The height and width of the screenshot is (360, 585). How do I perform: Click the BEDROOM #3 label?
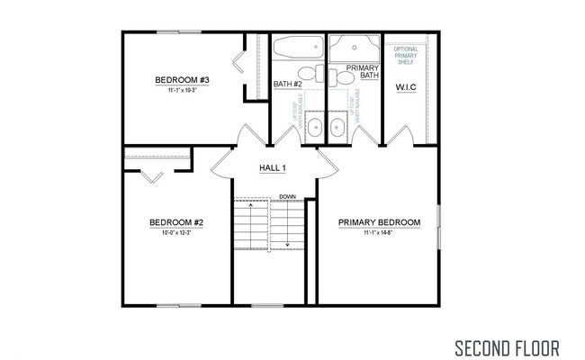(x=182, y=80)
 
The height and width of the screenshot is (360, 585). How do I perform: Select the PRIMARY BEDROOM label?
(x=379, y=223)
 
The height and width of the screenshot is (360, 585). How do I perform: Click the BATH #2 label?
(x=287, y=85)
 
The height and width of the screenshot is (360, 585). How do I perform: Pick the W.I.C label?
(x=406, y=87)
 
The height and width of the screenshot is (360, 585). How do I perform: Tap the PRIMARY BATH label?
(x=362, y=73)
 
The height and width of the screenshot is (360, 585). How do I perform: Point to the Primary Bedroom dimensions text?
(x=379, y=234)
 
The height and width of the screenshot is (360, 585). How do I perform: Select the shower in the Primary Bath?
(x=354, y=47)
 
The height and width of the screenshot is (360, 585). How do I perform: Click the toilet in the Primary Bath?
(x=343, y=76)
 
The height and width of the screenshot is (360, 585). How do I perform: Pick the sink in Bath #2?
(x=312, y=127)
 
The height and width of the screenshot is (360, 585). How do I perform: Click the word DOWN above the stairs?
(x=287, y=196)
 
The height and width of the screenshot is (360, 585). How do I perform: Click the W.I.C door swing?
(x=400, y=137)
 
